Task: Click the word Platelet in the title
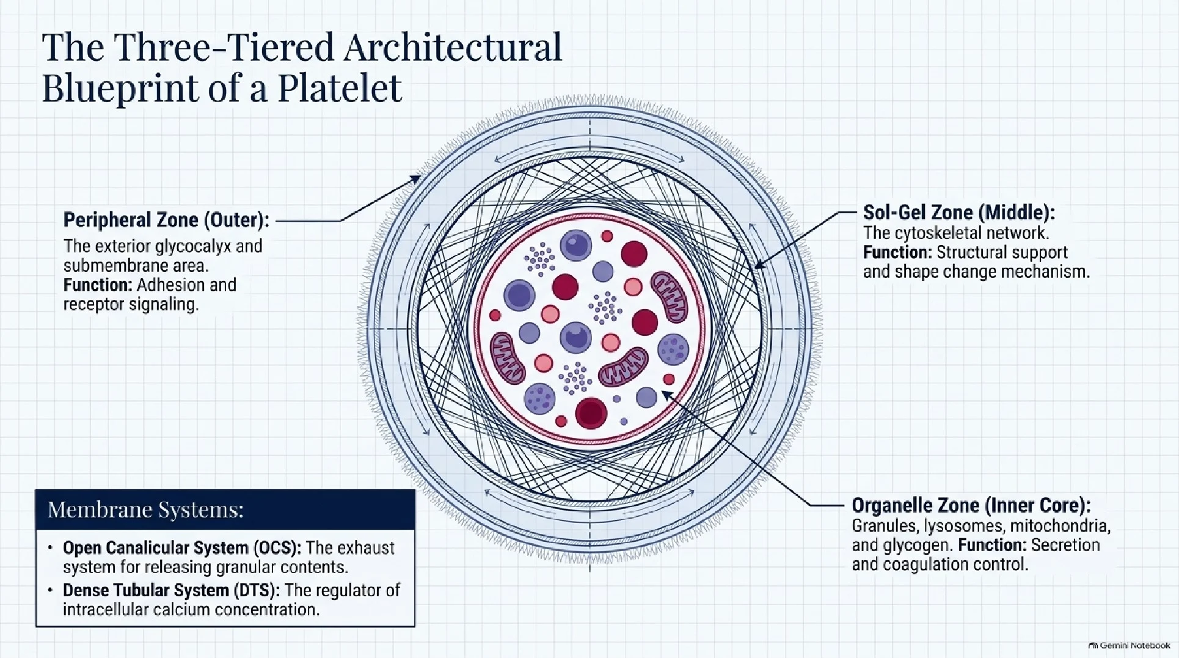(x=339, y=88)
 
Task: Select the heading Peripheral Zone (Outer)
(x=166, y=220)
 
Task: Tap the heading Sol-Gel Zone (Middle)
(x=958, y=213)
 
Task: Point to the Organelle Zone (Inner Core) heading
(x=971, y=506)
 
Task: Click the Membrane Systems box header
(x=225, y=510)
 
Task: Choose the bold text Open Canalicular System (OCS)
(x=181, y=548)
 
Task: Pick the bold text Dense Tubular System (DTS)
(x=171, y=590)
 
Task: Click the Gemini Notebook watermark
(x=1129, y=646)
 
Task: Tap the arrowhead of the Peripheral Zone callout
(x=416, y=178)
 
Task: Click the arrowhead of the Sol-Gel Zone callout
(x=759, y=265)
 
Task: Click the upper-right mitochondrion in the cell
(x=670, y=297)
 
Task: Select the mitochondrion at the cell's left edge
(x=508, y=358)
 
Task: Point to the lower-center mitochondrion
(x=623, y=367)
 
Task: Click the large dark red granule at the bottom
(x=591, y=413)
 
